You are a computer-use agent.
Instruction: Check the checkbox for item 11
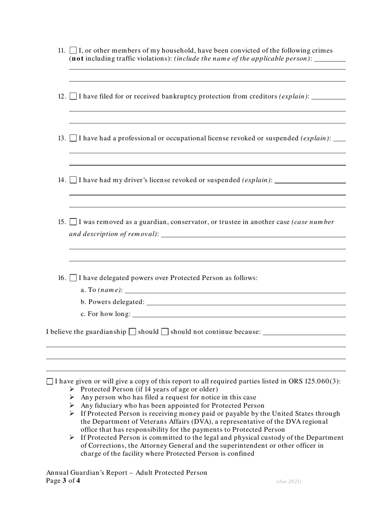pyautogui.click(x=73, y=51)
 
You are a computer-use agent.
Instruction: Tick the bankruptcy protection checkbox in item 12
pyautogui.click(x=73, y=97)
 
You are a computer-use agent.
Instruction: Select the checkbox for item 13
pyautogui.click(x=73, y=138)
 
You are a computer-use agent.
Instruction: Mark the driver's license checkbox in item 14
pyautogui.click(x=73, y=180)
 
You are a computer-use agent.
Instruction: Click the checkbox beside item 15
pyautogui.click(x=73, y=222)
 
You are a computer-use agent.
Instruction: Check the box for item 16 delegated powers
pyautogui.click(x=73, y=278)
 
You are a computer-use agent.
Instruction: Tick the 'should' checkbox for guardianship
pyautogui.click(x=132, y=332)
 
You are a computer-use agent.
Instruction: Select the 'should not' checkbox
pyautogui.click(x=165, y=332)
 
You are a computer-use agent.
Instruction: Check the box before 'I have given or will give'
pyautogui.click(x=50, y=381)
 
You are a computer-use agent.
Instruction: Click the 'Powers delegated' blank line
pyautogui.click(x=246, y=302)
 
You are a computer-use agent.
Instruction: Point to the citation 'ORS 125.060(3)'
pyautogui.click(x=315, y=381)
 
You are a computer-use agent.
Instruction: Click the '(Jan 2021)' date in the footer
pyautogui.click(x=289, y=482)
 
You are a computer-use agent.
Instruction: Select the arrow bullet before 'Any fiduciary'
pyautogui.click(x=72, y=406)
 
